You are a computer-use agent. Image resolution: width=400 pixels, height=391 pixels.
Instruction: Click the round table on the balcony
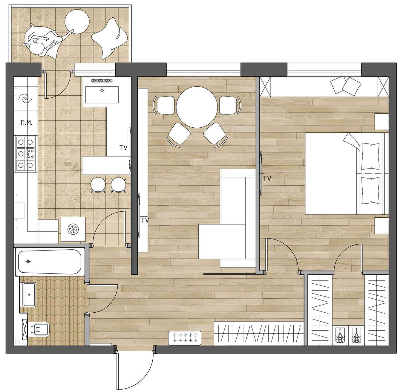click(77, 22)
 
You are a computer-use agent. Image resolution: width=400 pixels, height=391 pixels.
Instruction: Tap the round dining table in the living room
click(197, 107)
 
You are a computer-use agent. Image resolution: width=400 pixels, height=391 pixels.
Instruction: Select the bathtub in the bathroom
click(50, 262)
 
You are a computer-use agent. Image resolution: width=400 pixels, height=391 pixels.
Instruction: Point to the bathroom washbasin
click(29, 294)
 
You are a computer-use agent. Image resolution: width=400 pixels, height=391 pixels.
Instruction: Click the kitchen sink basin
click(102, 95)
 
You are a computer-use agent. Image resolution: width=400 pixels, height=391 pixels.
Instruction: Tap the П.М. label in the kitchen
click(27, 123)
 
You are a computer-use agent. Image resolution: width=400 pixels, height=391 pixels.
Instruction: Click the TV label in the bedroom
click(267, 178)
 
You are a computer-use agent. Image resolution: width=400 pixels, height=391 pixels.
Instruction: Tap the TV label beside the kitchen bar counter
click(123, 148)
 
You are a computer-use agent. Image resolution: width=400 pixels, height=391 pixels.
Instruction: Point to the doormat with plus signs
click(185, 338)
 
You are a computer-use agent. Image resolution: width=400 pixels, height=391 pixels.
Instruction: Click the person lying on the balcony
click(44, 41)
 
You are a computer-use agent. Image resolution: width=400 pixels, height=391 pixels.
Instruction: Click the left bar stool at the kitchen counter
click(98, 185)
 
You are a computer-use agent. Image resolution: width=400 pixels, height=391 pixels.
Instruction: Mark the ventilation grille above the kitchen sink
click(102, 80)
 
